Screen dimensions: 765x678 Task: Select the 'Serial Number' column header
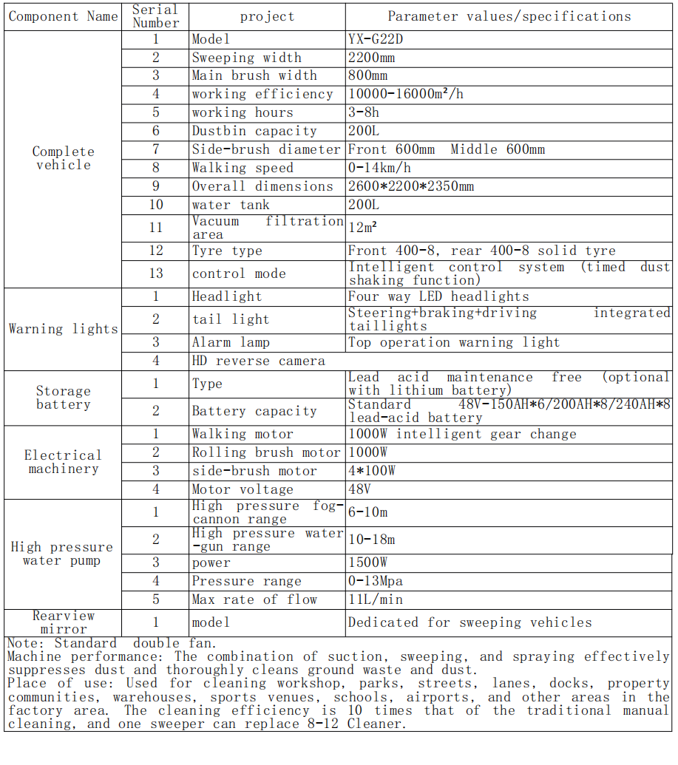(155, 16)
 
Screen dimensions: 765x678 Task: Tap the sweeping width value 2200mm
(371, 58)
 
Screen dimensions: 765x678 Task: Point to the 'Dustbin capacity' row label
(254, 131)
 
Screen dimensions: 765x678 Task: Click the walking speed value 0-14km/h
(379, 168)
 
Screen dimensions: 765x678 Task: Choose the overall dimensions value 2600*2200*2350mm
(411, 186)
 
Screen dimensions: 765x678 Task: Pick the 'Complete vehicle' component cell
(64, 158)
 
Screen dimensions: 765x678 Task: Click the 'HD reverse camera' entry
(258, 361)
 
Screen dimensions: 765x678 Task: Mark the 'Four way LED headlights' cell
(438, 296)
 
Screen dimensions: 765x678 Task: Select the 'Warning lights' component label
(64, 329)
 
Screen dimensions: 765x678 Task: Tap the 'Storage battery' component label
(64, 398)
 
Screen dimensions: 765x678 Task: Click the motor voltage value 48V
(359, 489)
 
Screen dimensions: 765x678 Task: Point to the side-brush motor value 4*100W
(372, 471)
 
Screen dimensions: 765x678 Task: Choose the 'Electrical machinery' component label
(64, 462)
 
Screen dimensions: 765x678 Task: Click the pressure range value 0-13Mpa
(376, 581)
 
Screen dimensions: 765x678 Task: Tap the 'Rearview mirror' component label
(64, 622)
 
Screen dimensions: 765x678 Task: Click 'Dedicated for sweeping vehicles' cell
(469, 622)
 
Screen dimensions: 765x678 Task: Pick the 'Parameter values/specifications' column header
(509, 16)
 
